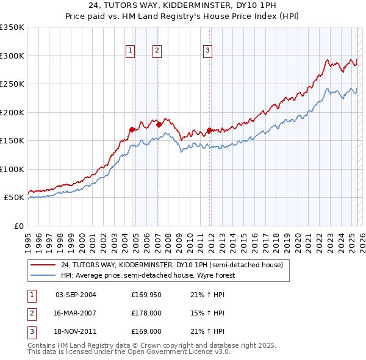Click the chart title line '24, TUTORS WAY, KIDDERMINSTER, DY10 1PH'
pos(183,7)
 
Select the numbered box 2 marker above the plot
pos(157,51)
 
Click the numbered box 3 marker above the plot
pos(207,51)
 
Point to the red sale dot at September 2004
pos(132,129)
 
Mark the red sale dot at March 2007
pos(159,124)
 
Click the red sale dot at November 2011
pos(209,130)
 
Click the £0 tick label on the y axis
pos(18,226)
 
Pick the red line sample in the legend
pos(44,265)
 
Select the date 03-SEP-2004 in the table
pos(76,295)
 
